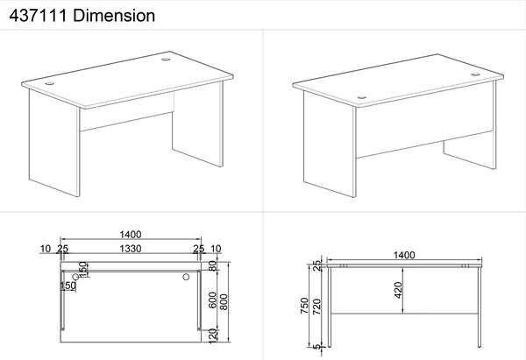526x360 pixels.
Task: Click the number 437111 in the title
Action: (x=38, y=16)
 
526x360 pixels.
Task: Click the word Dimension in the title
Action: (x=114, y=16)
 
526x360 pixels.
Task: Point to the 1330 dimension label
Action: (x=131, y=249)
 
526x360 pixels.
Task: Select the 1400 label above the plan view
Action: (x=131, y=234)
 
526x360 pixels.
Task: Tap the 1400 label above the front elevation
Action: (x=404, y=255)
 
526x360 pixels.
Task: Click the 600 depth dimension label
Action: (x=213, y=300)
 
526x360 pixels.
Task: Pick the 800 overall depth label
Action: (x=224, y=301)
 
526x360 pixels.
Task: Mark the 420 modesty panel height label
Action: (x=398, y=290)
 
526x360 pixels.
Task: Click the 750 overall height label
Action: (x=304, y=306)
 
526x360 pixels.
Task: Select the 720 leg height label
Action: (x=316, y=307)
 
